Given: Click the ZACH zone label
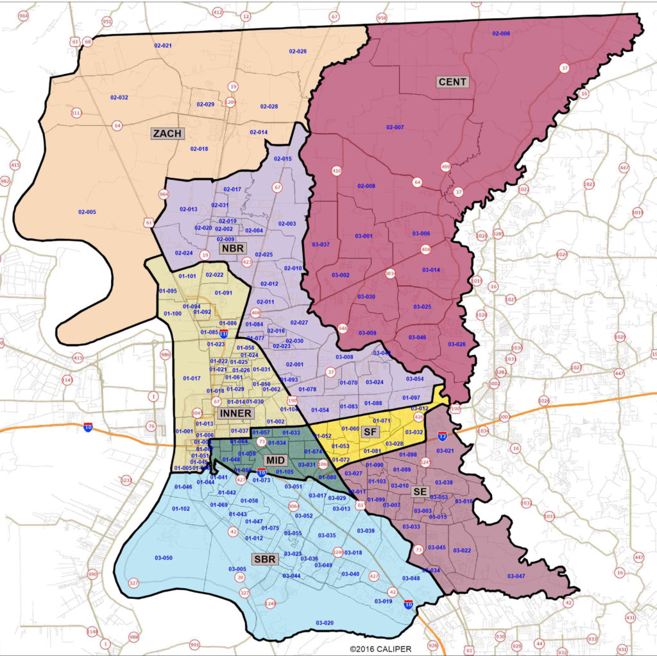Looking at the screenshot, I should pos(167,134).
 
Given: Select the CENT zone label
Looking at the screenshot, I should pos(452,82).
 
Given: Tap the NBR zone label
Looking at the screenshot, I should pos(230,248).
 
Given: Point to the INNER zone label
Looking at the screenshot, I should pos(234,413).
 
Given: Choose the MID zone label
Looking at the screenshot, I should pos(275,460).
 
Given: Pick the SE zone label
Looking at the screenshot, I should pos(420,491).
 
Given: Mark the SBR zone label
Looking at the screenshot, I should pos(264,559).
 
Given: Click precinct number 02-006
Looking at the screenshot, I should pos(500,33).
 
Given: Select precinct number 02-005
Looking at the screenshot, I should pos(87,212).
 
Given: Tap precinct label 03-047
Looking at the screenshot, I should pos(516,576).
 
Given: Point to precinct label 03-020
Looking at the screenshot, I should pos(325,623).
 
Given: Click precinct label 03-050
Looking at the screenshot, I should pos(164,558).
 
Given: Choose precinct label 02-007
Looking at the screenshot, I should pos(395,127).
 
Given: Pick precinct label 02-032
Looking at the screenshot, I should pos(119,98).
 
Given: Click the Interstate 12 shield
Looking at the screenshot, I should pos(442,436).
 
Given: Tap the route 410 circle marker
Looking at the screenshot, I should pos(336,171).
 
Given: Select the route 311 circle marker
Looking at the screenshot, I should pos(76,113).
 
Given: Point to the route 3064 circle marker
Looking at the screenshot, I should pos(293,506).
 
